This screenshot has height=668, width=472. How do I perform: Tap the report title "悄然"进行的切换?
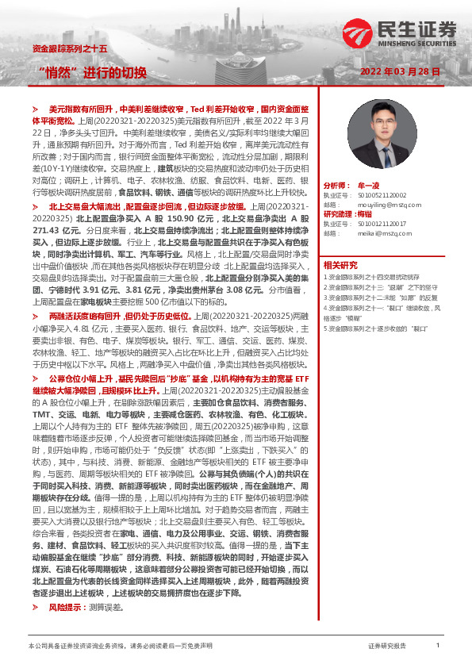point(93,73)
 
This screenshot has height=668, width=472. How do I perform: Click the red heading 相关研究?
point(340,265)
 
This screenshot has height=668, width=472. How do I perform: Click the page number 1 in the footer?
point(437,647)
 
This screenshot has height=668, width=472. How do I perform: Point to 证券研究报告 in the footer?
point(387,647)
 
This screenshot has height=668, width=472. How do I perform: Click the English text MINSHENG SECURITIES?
point(419,44)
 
